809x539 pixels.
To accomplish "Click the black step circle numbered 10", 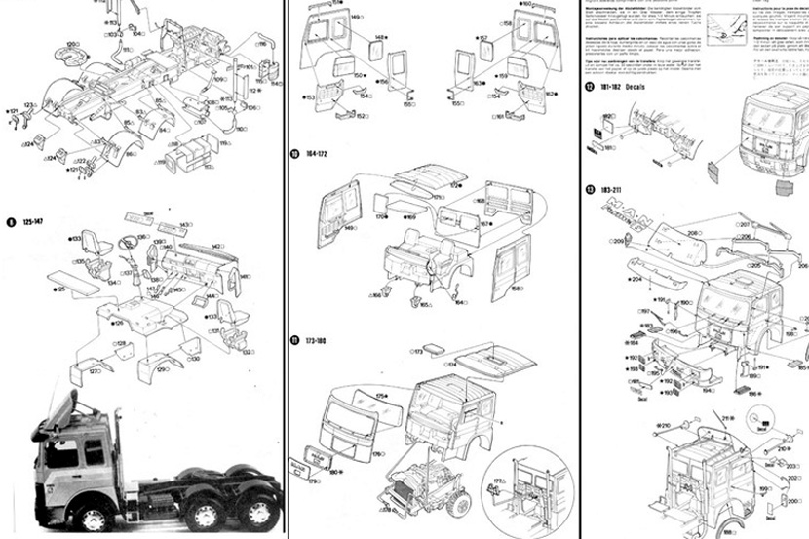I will (x=294, y=154).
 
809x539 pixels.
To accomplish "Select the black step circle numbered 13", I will (x=591, y=188).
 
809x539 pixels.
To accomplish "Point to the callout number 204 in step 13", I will (x=636, y=279).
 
